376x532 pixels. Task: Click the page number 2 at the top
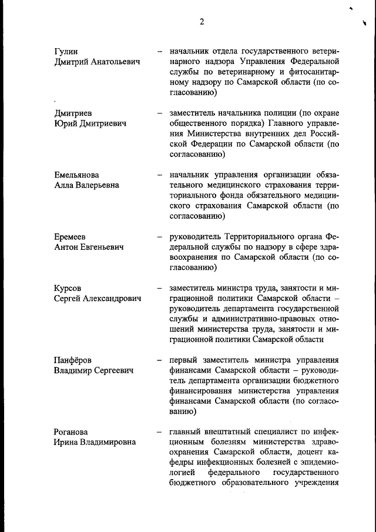click(x=202, y=22)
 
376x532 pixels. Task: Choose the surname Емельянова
click(x=76, y=175)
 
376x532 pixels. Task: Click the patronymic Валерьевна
click(x=97, y=185)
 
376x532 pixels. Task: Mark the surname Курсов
click(x=67, y=289)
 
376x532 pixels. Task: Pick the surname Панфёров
click(x=72, y=360)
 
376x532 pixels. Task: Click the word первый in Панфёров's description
click(x=185, y=360)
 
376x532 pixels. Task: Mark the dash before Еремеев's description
click(x=160, y=237)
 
